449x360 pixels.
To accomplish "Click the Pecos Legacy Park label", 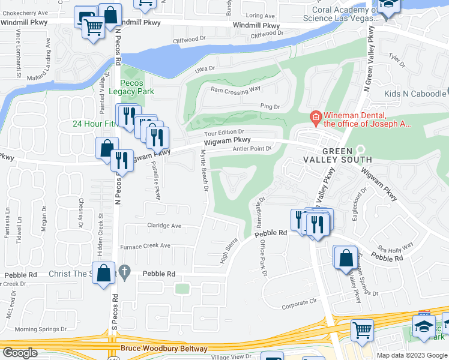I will tap(137, 88).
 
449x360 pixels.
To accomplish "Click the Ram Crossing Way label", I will tap(235, 89).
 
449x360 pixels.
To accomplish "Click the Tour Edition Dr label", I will tap(224, 132).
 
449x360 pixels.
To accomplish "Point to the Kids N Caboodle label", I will tap(415, 94).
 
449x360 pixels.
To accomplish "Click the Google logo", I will tap(19, 353).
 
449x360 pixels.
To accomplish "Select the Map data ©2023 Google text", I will tap(411, 355).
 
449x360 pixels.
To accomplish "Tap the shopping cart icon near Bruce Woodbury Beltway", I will tap(362, 329).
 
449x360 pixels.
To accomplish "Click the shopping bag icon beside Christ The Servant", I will tap(103, 272).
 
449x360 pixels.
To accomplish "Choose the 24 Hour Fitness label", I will tap(94, 124).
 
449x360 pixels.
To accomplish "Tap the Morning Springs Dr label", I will tap(40, 329).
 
